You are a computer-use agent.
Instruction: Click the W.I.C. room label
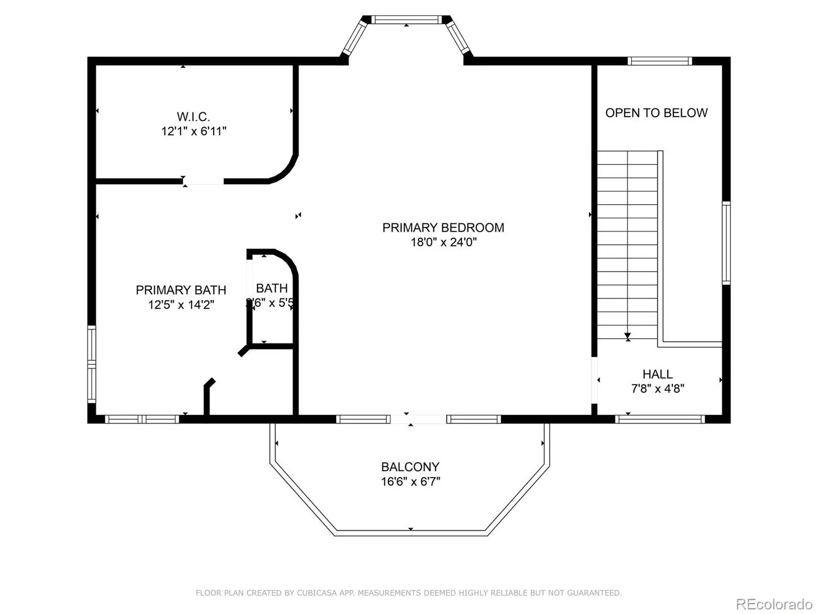click(x=193, y=117)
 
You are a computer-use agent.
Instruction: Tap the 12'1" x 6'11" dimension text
click(x=194, y=131)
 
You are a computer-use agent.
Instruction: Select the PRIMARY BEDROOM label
click(x=443, y=228)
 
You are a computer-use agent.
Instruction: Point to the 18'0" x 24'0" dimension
click(x=443, y=242)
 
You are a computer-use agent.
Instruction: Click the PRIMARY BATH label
click(x=181, y=290)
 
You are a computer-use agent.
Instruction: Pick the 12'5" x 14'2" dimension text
click(x=181, y=305)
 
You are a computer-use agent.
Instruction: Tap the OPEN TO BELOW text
click(x=656, y=113)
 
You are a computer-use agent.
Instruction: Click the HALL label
click(x=657, y=374)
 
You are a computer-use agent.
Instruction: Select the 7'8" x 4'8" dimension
click(x=657, y=388)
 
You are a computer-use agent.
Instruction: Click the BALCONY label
click(x=410, y=467)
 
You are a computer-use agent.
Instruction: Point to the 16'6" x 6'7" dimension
click(x=410, y=481)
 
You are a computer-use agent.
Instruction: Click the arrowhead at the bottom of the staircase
click(x=627, y=337)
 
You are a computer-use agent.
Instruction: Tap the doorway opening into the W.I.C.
click(x=203, y=181)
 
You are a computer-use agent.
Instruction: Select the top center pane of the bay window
click(x=406, y=20)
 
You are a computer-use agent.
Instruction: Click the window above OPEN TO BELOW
click(x=660, y=61)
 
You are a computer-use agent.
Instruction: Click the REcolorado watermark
click(x=774, y=604)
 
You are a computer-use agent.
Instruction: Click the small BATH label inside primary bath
click(x=271, y=288)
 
